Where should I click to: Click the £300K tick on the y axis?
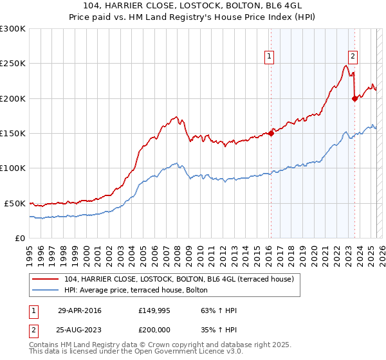click(13, 29)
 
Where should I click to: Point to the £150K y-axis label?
click(13, 134)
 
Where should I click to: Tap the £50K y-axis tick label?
click(15, 203)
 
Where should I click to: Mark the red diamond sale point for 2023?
click(354, 98)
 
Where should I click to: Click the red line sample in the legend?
click(47, 279)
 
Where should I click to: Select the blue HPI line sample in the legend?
click(47, 290)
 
